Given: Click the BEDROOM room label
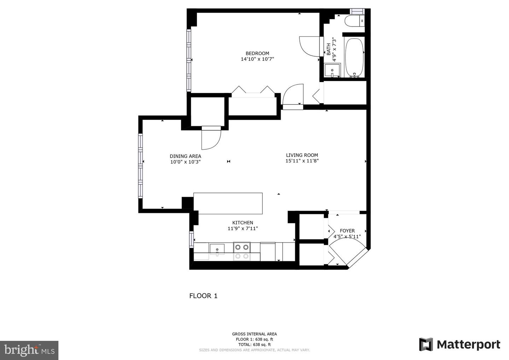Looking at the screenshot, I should click(x=257, y=53).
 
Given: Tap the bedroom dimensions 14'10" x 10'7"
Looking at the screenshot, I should click(x=257, y=59).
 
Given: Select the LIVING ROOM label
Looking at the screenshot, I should click(x=302, y=155).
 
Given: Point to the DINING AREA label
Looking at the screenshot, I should click(x=185, y=156).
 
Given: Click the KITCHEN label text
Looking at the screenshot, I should click(x=242, y=223).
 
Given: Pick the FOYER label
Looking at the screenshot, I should click(x=347, y=231).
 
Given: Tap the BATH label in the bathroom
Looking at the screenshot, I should click(x=329, y=49).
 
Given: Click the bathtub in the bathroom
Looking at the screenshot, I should click(x=354, y=57).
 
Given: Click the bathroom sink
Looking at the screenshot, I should click(x=332, y=70).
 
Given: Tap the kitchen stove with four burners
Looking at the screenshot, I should click(x=242, y=251).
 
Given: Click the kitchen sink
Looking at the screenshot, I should click(x=217, y=250).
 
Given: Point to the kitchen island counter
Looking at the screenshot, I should click(x=228, y=203).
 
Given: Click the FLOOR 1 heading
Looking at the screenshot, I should click(x=203, y=296).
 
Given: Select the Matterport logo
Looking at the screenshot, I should click(x=460, y=344).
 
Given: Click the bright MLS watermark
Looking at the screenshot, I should click(x=29, y=350).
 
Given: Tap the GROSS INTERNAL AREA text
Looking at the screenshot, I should click(x=254, y=334).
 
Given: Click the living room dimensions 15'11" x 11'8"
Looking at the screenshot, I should click(x=302, y=161).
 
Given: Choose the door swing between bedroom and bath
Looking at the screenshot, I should click(x=309, y=46).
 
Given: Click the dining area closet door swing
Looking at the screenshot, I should click(x=211, y=139).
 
